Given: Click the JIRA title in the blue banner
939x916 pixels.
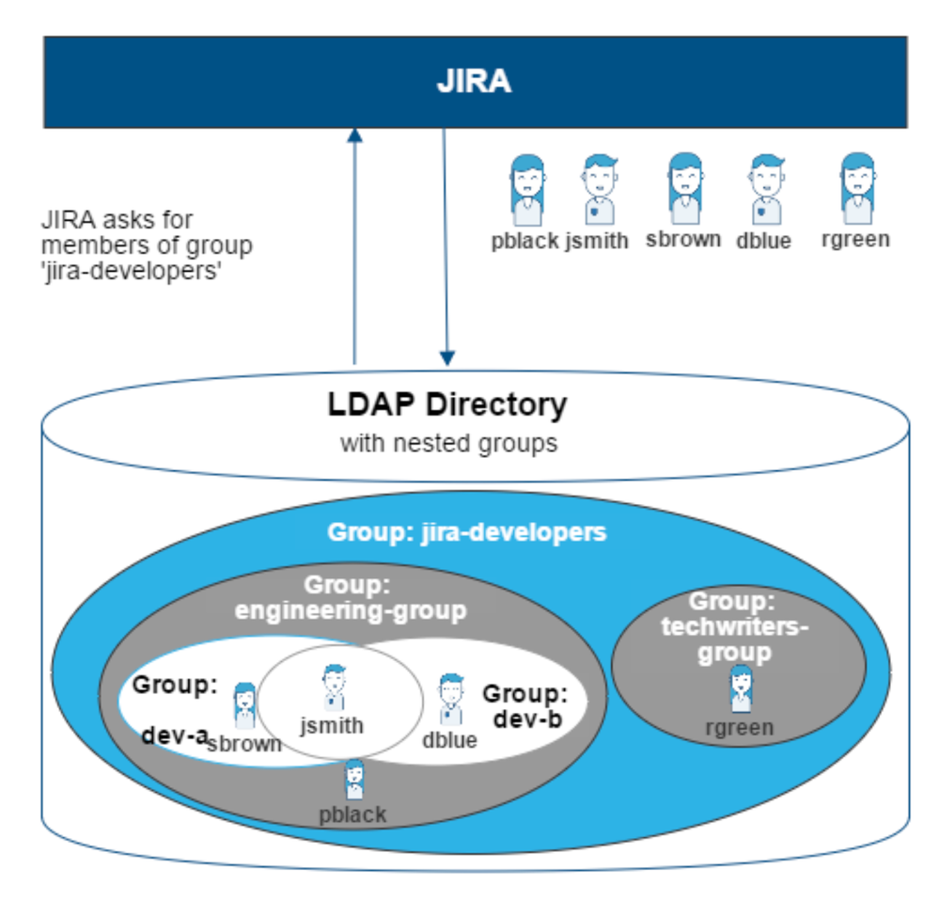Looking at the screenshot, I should (x=474, y=81).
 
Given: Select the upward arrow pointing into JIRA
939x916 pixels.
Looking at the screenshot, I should (x=354, y=245).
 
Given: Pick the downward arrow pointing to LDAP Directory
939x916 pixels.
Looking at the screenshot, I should (x=446, y=245).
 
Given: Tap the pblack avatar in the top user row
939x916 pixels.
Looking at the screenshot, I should (x=527, y=189).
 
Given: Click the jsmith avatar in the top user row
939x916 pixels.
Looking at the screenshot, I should (x=599, y=189).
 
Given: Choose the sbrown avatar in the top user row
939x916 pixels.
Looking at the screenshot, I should (x=684, y=188).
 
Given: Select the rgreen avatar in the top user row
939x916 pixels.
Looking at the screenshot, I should (x=856, y=188).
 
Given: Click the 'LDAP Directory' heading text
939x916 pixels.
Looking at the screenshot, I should (x=447, y=404).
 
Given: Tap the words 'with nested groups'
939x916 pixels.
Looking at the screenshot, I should (x=448, y=442).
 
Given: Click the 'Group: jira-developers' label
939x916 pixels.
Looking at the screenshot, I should (x=466, y=532).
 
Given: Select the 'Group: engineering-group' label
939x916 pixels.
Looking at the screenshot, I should (x=351, y=598).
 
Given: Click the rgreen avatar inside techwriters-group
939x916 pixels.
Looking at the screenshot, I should (x=741, y=688).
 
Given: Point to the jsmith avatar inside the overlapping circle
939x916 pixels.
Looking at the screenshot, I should (x=334, y=687).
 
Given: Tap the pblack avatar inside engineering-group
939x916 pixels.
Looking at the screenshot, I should (x=354, y=780).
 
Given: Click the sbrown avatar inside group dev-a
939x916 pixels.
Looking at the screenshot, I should (x=244, y=705).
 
